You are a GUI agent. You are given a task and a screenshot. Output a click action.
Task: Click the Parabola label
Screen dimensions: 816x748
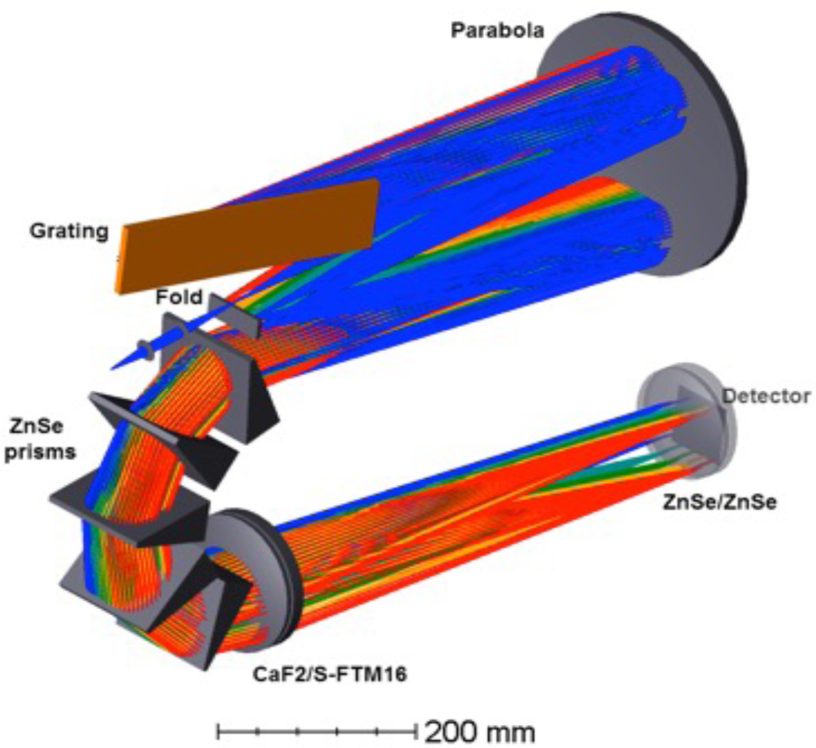(497, 31)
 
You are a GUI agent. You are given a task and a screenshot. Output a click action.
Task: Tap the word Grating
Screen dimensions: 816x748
(69, 231)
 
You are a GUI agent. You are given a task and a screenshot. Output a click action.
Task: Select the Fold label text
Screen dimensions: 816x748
(179, 297)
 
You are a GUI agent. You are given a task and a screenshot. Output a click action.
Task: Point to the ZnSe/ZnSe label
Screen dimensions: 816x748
(719, 503)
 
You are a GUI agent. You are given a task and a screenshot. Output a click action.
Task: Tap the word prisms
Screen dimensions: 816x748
(40, 453)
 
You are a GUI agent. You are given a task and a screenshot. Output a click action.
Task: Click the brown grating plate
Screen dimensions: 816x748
(248, 236)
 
